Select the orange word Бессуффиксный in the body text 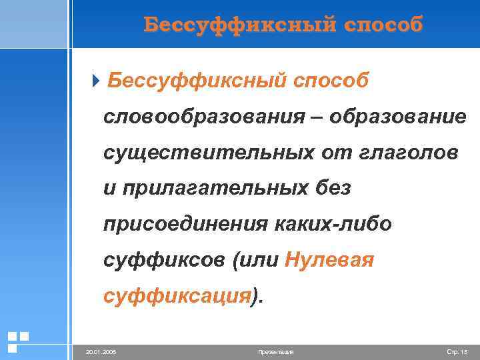pyautogui.click(x=193, y=81)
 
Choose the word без pyautogui.click(x=333, y=189)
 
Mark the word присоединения pyautogui.click(x=185, y=225)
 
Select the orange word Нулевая pyautogui.click(x=329, y=261)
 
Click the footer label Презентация pyautogui.click(x=275, y=351)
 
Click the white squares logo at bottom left pyautogui.click(x=17, y=341)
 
